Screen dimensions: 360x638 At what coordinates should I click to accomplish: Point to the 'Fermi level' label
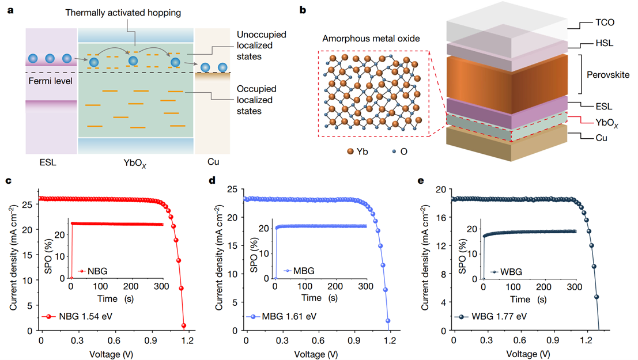(x=48, y=82)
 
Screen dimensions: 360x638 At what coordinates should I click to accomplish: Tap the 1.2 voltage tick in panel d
(x=391, y=340)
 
